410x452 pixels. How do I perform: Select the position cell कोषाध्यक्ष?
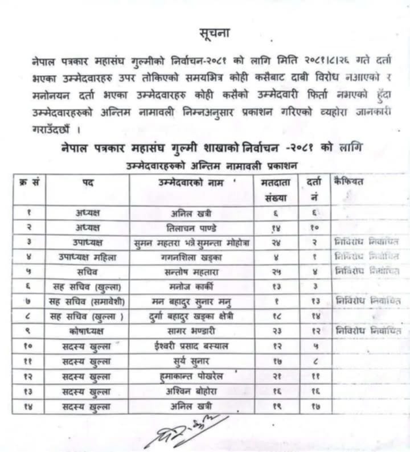pyautogui.click(x=88, y=330)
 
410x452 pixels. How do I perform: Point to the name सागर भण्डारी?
pyautogui.click(x=191, y=330)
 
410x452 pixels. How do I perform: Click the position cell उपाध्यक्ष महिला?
pyautogui.click(x=88, y=256)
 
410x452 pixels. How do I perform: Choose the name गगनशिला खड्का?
pyautogui.click(x=191, y=256)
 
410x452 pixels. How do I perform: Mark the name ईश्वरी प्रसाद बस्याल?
pyautogui.click(x=191, y=345)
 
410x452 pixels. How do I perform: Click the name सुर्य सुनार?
pyautogui.click(x=191, y=360)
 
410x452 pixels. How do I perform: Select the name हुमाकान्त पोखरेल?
pyautogui.click(x=191, y=376)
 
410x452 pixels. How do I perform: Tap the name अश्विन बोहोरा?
pyautogui.click(x=191, y=391)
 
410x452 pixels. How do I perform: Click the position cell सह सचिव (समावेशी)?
pyautogui.click(x=88, y=300)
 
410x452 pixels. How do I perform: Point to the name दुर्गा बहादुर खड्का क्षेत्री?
pyautogui.click(x=191, y=315)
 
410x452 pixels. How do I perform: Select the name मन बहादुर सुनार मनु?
pyautogui.click(x=191, y=300)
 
